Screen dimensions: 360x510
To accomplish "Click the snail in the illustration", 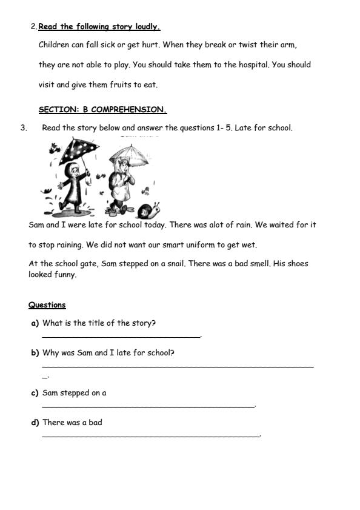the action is (x=148, y=210).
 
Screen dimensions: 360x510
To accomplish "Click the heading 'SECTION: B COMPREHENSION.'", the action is (x=102, y=110).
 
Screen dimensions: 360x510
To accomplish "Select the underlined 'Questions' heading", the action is (x=47, y=305).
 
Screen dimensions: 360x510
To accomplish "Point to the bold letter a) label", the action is (x=35, y=323).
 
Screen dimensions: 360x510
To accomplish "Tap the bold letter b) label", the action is (x=35, y=353).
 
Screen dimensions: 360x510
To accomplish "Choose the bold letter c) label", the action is (x=35, y=393).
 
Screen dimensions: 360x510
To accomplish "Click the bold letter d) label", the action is (x=35, y=423).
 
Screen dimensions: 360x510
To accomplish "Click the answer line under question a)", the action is (x=121, y=336).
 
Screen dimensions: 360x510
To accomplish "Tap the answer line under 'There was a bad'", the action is (x=150, y=435).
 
